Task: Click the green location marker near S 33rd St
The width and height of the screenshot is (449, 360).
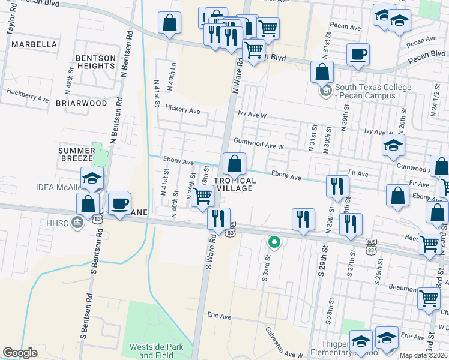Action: point(274,242)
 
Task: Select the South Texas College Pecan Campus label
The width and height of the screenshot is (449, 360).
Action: point(373,91)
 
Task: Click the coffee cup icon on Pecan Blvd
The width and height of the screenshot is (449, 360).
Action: point(358,55)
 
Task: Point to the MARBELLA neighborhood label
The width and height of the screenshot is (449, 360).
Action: point(34,44)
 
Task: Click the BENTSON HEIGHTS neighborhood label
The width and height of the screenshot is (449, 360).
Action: point(95,62)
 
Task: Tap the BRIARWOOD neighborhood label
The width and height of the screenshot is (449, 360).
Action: point(81,103)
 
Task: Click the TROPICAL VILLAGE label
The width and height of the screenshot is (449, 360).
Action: point(244,184)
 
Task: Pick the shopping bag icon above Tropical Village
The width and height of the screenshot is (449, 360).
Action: point(234,163)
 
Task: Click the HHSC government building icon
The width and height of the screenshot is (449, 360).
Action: point(76,223)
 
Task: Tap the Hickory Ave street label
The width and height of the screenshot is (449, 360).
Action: point(182,111)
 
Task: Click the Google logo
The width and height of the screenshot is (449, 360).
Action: point(20,353)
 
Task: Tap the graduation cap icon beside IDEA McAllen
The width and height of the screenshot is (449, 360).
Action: point(92,178)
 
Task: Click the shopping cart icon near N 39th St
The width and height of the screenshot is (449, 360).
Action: point(203,195)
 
